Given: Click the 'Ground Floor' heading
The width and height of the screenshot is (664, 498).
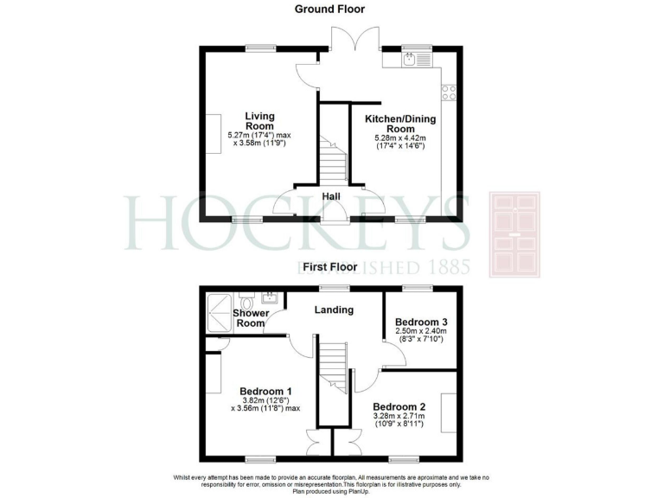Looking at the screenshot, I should pos(329,10).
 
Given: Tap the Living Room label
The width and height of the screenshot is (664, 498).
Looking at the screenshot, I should pos(259,120).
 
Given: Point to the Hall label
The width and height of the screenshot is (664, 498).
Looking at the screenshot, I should pos(330,197).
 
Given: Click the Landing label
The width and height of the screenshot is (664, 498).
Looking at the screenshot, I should pos(333,310).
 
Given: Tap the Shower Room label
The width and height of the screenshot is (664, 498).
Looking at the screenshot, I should pos(250,318).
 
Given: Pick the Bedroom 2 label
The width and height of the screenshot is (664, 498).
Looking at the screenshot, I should pos(399,406).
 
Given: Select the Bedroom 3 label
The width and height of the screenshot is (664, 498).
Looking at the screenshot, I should pos(421,322).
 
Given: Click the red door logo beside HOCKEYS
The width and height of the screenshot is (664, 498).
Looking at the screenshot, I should pos(515,233).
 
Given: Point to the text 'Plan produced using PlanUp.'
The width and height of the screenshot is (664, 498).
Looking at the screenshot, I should pos(331,492).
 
